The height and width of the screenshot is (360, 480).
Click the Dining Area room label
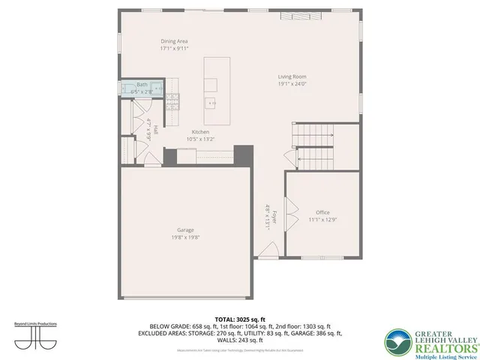174,40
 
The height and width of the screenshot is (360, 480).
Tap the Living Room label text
292,76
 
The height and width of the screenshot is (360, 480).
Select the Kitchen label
200,131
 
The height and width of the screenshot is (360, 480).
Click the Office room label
322,212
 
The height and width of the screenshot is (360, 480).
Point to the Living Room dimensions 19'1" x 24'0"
292,84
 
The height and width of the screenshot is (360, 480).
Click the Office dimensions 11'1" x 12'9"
322,220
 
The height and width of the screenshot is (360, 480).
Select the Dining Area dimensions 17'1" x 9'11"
174,48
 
